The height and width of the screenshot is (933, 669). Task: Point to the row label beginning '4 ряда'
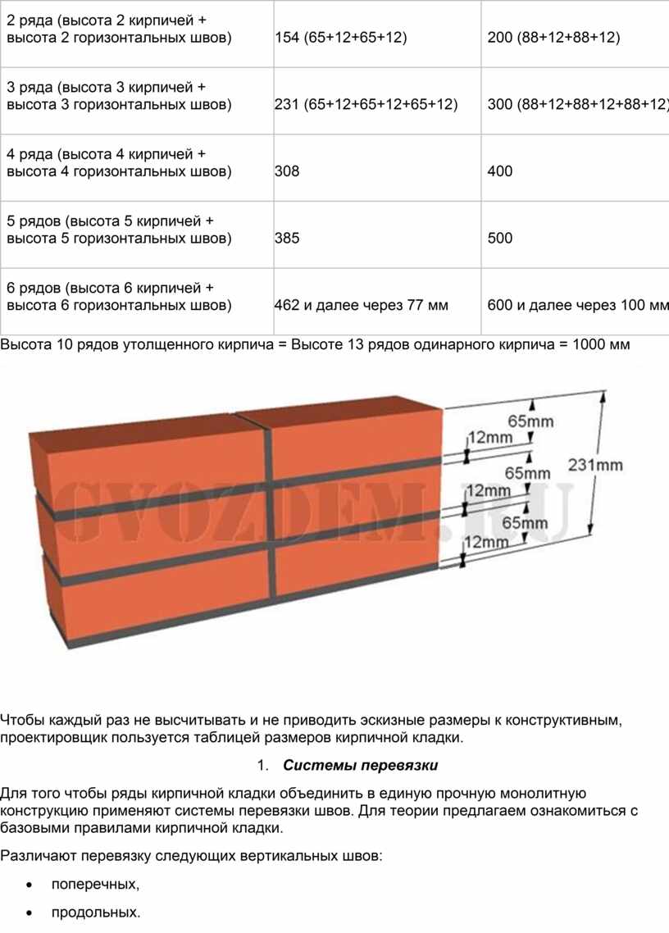[x=119, y=162]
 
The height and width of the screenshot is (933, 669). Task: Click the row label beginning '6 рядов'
[x=119, y=296]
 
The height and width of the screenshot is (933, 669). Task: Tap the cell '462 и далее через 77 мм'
[x=362, y=305]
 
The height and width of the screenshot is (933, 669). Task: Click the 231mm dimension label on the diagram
[x=595, y=465]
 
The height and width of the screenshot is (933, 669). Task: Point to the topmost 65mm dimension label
[x=530, y=421]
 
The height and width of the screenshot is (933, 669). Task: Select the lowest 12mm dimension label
[x=487, y=542]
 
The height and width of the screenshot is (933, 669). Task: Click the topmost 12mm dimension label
[x=490, y=437]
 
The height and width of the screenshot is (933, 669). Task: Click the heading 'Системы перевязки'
[x=361, y=765]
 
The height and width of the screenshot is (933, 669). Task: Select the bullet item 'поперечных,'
[x=95, y=884]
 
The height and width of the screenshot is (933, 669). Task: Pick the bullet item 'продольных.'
[x=96, y=913]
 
